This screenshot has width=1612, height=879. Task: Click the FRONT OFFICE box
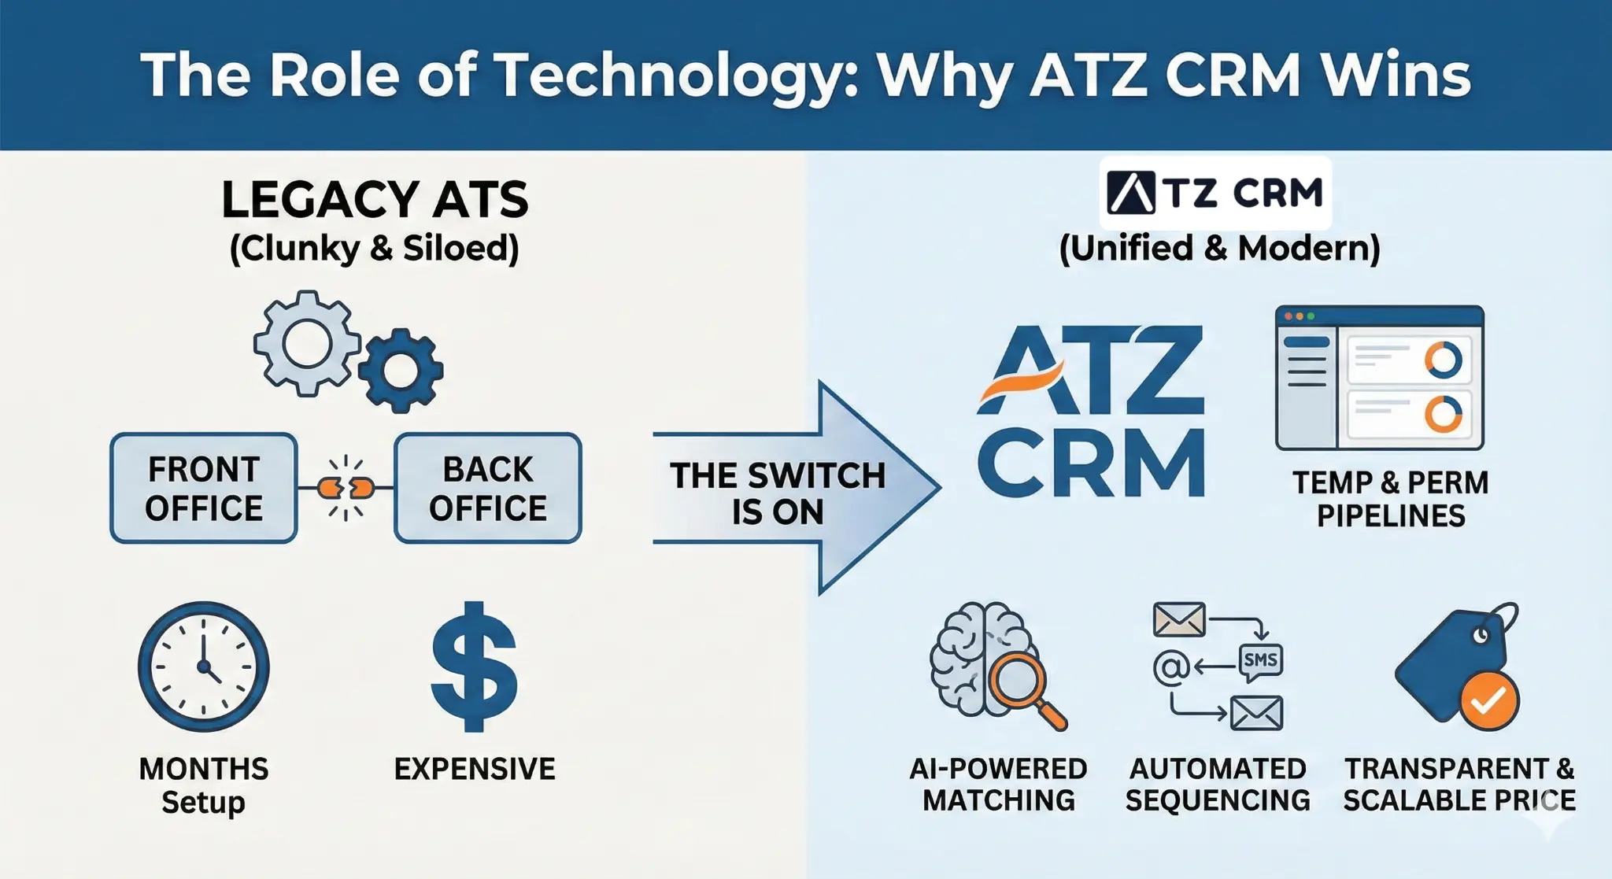click(x=204, y=488)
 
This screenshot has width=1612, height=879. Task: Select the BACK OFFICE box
click(x=488, y=488)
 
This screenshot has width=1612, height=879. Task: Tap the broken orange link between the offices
click(x=346, y=489)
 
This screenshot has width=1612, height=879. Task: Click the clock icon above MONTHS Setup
click(x=204, y=667)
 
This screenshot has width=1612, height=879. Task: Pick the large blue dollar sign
click(x=475, y=667)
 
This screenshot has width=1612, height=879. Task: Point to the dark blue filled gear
click(x=401, y=370)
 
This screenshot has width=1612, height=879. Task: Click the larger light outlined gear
click(x=306, y=343)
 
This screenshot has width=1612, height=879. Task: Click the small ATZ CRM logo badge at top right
click(x=1215, y=193)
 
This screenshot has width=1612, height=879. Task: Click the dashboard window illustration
click(x=1379, y=378)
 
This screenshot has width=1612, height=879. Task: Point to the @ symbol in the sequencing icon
click(x=1170, y=668)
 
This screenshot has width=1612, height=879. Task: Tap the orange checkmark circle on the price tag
click(x=1488, y=700)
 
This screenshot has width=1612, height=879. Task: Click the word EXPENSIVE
click(x=475, y=769)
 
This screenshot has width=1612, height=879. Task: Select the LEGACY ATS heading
click(x=375, y=200)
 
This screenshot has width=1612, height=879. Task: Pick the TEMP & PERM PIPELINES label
click(x=1391, y=499)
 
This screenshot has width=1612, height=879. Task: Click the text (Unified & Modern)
click(x=1219, y=249)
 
